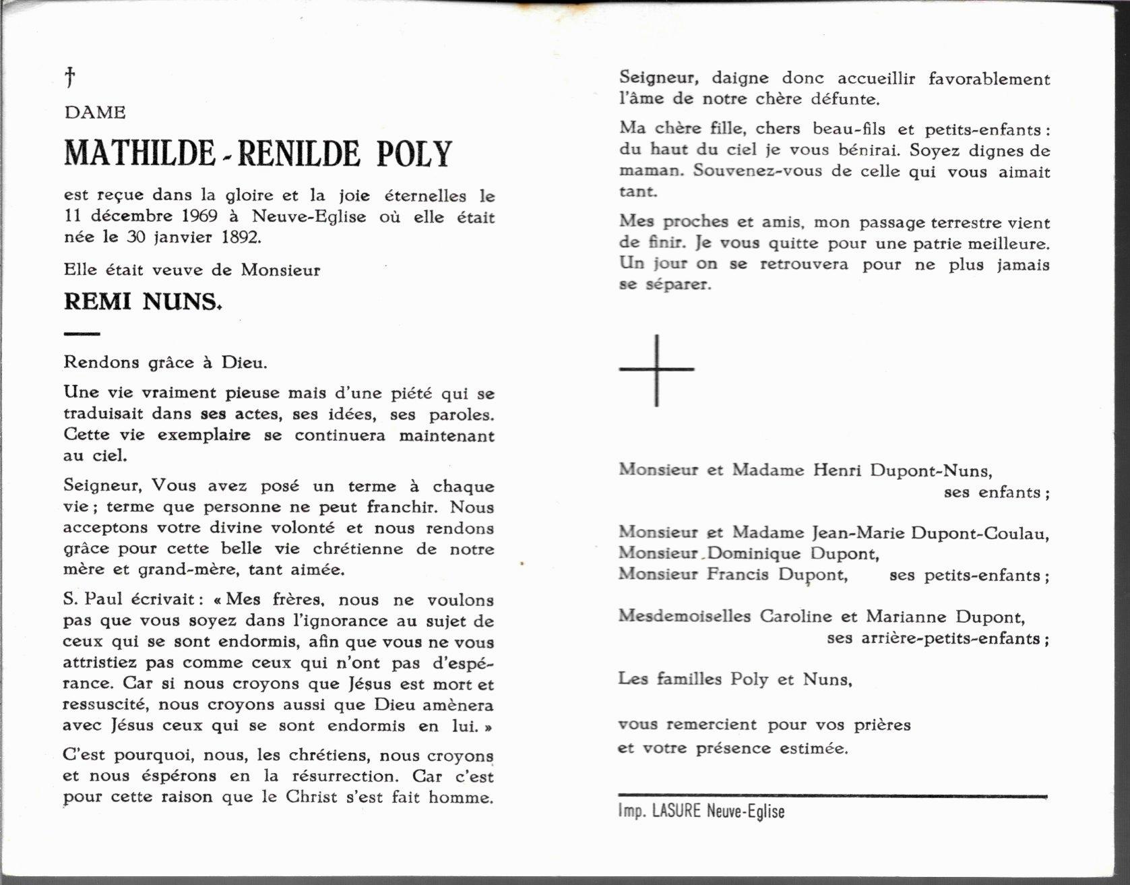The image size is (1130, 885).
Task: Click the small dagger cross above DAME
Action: click(x=69, y=78)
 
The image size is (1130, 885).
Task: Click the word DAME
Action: click(x=95, y=113)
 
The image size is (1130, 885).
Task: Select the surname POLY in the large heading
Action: click(x=414, y=154)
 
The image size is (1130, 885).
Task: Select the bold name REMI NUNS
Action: click(x=142, y=302)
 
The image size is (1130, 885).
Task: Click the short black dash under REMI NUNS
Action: click(x=82, y=334)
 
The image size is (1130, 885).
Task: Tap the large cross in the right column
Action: click(x=656, y=370)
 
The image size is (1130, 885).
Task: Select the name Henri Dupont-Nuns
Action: click(x=902, y=470)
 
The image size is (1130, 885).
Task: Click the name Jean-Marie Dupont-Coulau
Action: click(x=930, y=532)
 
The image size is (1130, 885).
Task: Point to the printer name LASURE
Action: click(x=677, y=811)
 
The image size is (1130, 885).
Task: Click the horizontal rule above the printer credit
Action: click(x=833, y=797)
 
